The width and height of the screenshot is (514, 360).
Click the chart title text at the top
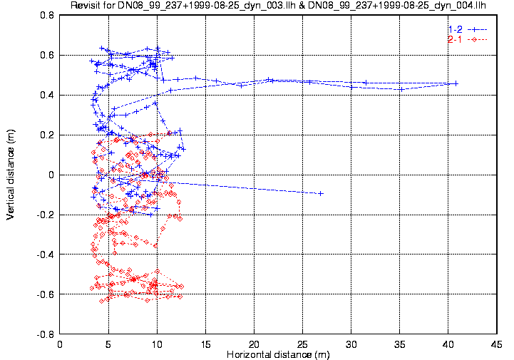(278, 6)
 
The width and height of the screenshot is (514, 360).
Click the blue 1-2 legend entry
(454, 29)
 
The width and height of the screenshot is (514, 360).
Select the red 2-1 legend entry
(454, 38)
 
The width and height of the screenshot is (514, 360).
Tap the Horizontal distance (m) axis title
(278, 354)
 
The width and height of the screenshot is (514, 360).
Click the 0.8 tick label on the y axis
(46, 15)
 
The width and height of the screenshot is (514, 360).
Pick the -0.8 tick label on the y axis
(45, 334)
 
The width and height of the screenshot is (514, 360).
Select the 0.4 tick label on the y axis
(46, 95)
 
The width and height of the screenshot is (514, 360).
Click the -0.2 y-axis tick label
(45, 215)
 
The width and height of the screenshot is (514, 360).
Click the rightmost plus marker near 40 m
(456, 83)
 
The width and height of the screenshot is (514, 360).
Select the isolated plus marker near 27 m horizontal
(321, 193)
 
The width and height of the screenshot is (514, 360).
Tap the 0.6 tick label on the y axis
(46, 55)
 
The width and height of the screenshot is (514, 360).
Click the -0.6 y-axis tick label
(45, 294)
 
